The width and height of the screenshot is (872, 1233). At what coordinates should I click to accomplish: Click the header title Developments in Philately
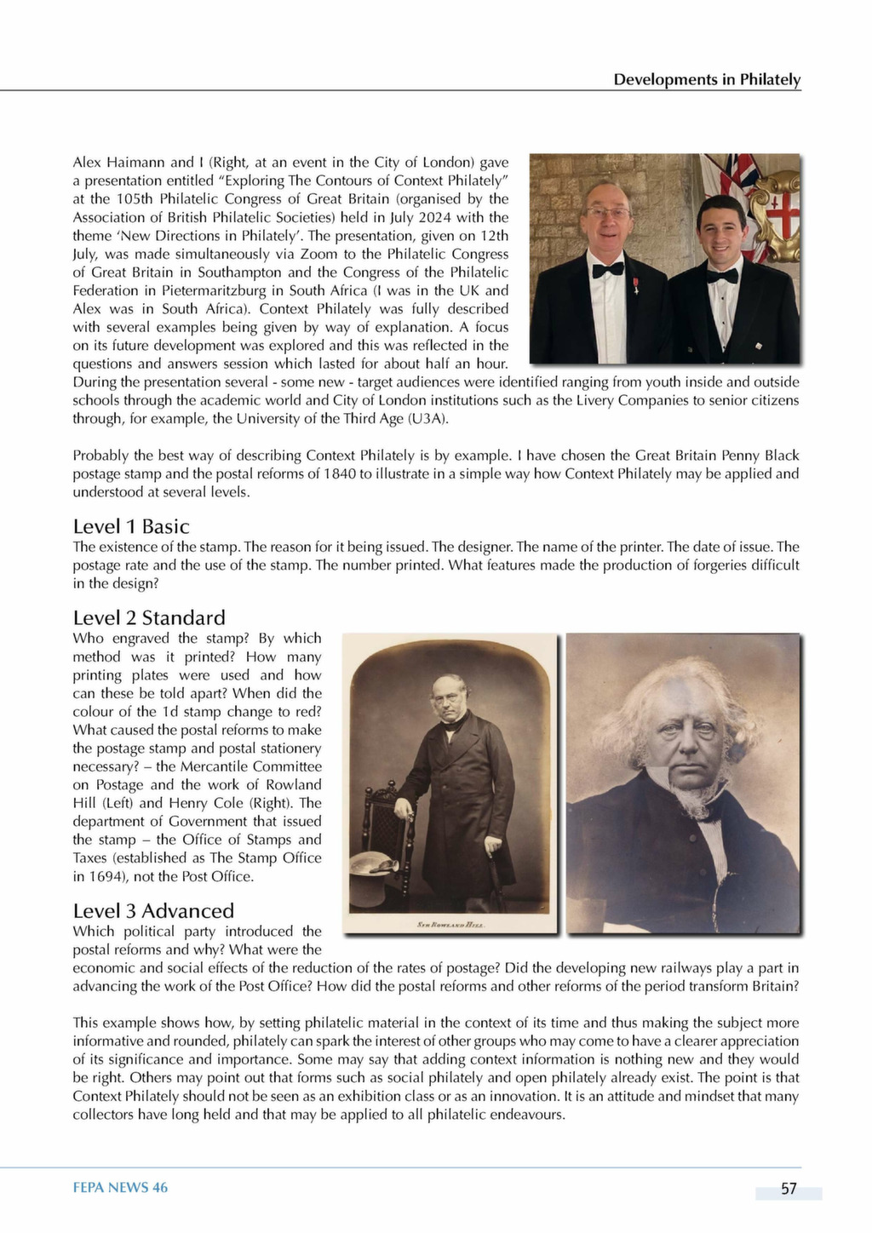(707, 79)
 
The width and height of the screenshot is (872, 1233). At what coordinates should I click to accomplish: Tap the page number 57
(789, 1189)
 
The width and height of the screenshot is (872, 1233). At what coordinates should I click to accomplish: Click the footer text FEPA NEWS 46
(120, 1188)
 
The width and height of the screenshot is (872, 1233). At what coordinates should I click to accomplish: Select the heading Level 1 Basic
(131, 526)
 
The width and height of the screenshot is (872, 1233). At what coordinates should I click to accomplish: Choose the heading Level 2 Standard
(149, 617)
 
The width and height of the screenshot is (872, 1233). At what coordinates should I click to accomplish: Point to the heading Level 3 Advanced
(153, 910)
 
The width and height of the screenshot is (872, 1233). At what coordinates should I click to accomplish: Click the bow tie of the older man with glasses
(608, 269)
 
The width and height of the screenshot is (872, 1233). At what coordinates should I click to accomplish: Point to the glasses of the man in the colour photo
(607, 211)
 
